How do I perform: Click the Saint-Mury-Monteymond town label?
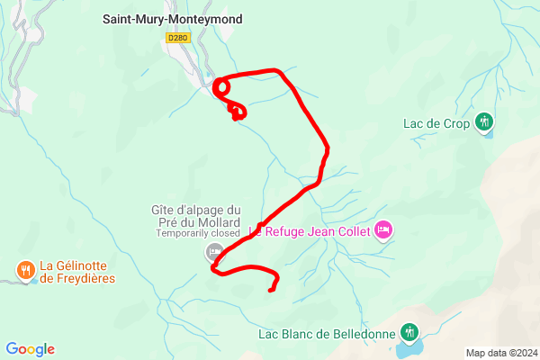point(172,18)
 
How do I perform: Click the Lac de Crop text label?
point(436,124)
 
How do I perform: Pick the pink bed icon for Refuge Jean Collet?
point(383,231)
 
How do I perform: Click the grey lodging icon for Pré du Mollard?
point(213,251)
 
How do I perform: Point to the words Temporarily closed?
point(198,233)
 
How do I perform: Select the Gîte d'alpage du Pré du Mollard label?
point(195,216)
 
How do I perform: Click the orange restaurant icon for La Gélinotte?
point(24,267)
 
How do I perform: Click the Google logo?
point(31,349)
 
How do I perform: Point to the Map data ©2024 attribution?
point(500,353)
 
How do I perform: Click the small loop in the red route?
point(220,86)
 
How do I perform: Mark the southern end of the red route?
point(271,289)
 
